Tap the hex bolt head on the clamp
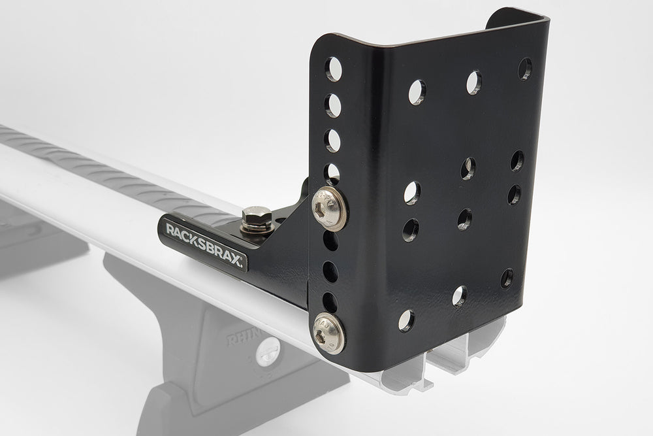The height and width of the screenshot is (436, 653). pos(257,218)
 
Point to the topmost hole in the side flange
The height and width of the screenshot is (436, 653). pos(334,69)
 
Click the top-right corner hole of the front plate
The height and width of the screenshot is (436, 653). pos(525,69)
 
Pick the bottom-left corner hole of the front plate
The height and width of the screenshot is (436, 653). pos(406,320)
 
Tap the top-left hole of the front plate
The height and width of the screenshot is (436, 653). pos(417,92)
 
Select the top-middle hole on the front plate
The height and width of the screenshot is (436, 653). pos(473,82)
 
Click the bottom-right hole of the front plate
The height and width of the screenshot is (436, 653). pos(507,278)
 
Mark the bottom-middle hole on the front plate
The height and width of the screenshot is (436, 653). pos(459,295)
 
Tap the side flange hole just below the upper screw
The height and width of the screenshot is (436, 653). pos(330,241)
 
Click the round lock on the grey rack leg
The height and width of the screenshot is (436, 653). pos(266,354)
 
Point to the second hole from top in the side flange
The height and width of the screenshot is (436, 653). pos(333,105)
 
